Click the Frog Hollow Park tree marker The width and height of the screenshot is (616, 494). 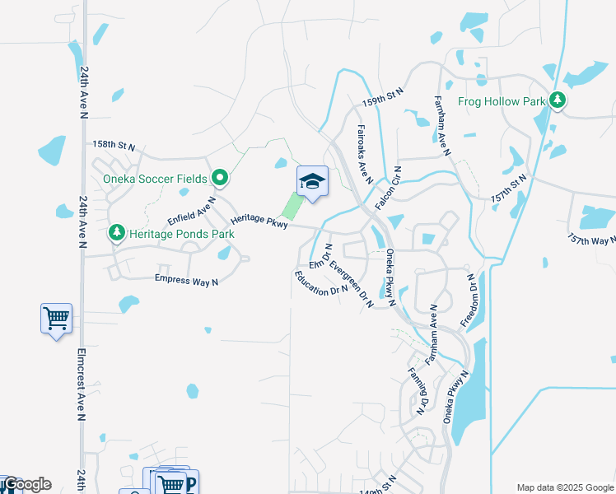pos(558,100)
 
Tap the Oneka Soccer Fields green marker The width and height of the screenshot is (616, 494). pos(220,178)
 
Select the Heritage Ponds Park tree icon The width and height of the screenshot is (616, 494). pos(117,234)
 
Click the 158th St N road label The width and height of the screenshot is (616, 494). pos(113,145)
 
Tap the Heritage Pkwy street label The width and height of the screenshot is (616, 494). pos(259,221)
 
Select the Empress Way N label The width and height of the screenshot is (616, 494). pos(186,281)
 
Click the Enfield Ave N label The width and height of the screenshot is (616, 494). pos(191,211)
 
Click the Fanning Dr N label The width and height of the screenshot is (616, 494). pos(418,389)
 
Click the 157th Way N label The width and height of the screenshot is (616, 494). pos(591,240)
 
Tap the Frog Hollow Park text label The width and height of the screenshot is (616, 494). pos(504,101)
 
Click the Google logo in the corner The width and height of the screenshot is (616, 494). pos(26,484)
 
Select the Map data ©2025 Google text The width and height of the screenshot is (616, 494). pos(564,487)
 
